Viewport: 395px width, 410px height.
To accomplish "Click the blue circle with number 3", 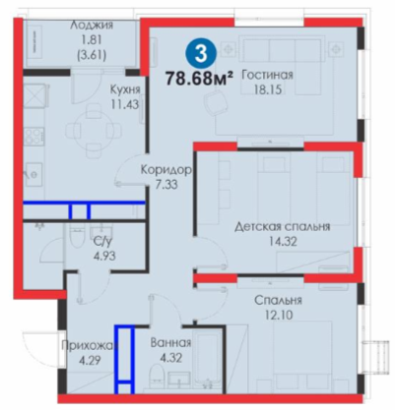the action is [201, 53].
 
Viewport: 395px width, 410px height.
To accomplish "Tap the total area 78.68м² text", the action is [199, 78].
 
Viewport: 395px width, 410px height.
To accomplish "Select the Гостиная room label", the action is [267, 76].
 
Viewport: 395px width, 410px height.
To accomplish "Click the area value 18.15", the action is [268, 89].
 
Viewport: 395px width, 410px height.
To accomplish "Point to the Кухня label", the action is [125, 89].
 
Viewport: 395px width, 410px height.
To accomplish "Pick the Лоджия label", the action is [92, 25].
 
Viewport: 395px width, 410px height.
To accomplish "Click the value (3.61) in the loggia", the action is [92, 55].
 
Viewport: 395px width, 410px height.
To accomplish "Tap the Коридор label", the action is [165, 170].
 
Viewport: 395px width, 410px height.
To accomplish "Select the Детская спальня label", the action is [283, 226].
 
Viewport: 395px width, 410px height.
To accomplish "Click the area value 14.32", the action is [283, 242].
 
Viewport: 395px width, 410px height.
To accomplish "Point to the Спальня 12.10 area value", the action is [279, 315].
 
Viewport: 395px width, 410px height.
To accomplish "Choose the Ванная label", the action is [170, 343].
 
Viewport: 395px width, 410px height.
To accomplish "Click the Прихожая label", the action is [90, 345].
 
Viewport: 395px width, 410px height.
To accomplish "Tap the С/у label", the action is [102, 242].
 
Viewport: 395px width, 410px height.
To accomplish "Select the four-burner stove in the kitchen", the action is [33, 136].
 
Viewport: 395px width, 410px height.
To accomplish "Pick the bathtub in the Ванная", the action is [207, 360].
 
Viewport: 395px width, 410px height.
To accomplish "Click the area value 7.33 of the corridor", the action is [166, 184].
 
